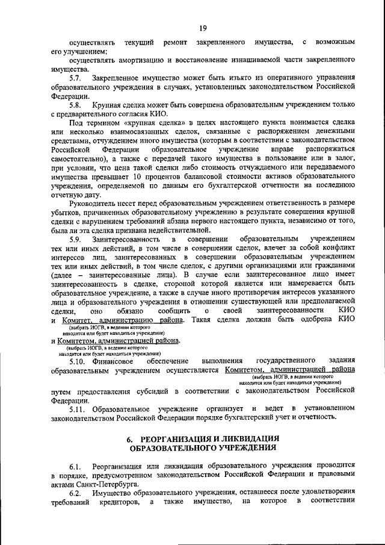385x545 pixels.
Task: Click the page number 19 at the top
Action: click(203, 27)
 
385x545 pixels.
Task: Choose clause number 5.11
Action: click(78, 410)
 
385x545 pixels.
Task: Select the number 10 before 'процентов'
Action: click(137, 177)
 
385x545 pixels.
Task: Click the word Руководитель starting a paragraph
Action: click(92, 205)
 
